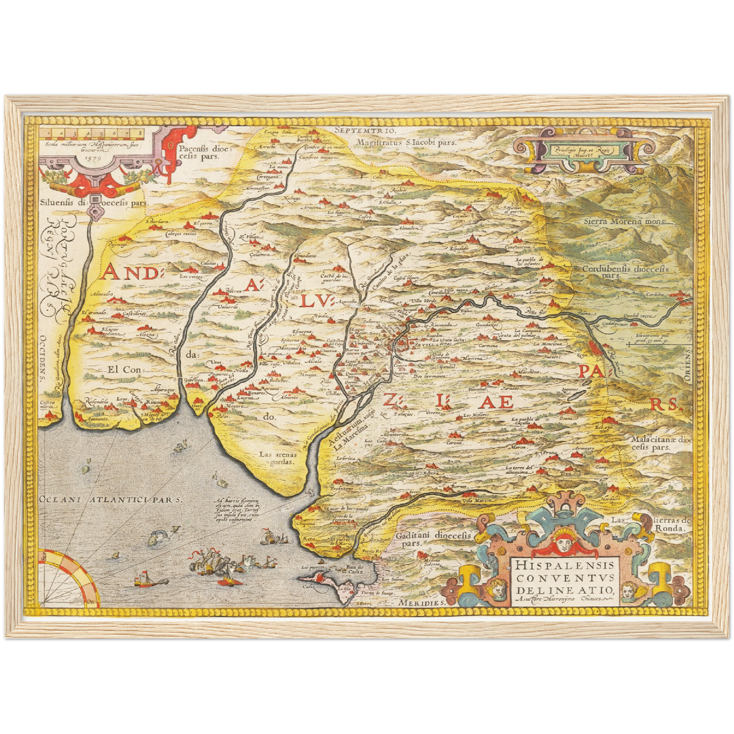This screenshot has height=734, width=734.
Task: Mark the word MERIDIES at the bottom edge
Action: (x=422, y=602)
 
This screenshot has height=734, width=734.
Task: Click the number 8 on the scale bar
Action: (x=140, y=134)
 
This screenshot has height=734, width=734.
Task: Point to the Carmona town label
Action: (x=488, y=346)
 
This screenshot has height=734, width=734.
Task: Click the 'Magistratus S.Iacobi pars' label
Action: (x=406, y=143)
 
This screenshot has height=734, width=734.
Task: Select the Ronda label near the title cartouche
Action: (x=677, y=528)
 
